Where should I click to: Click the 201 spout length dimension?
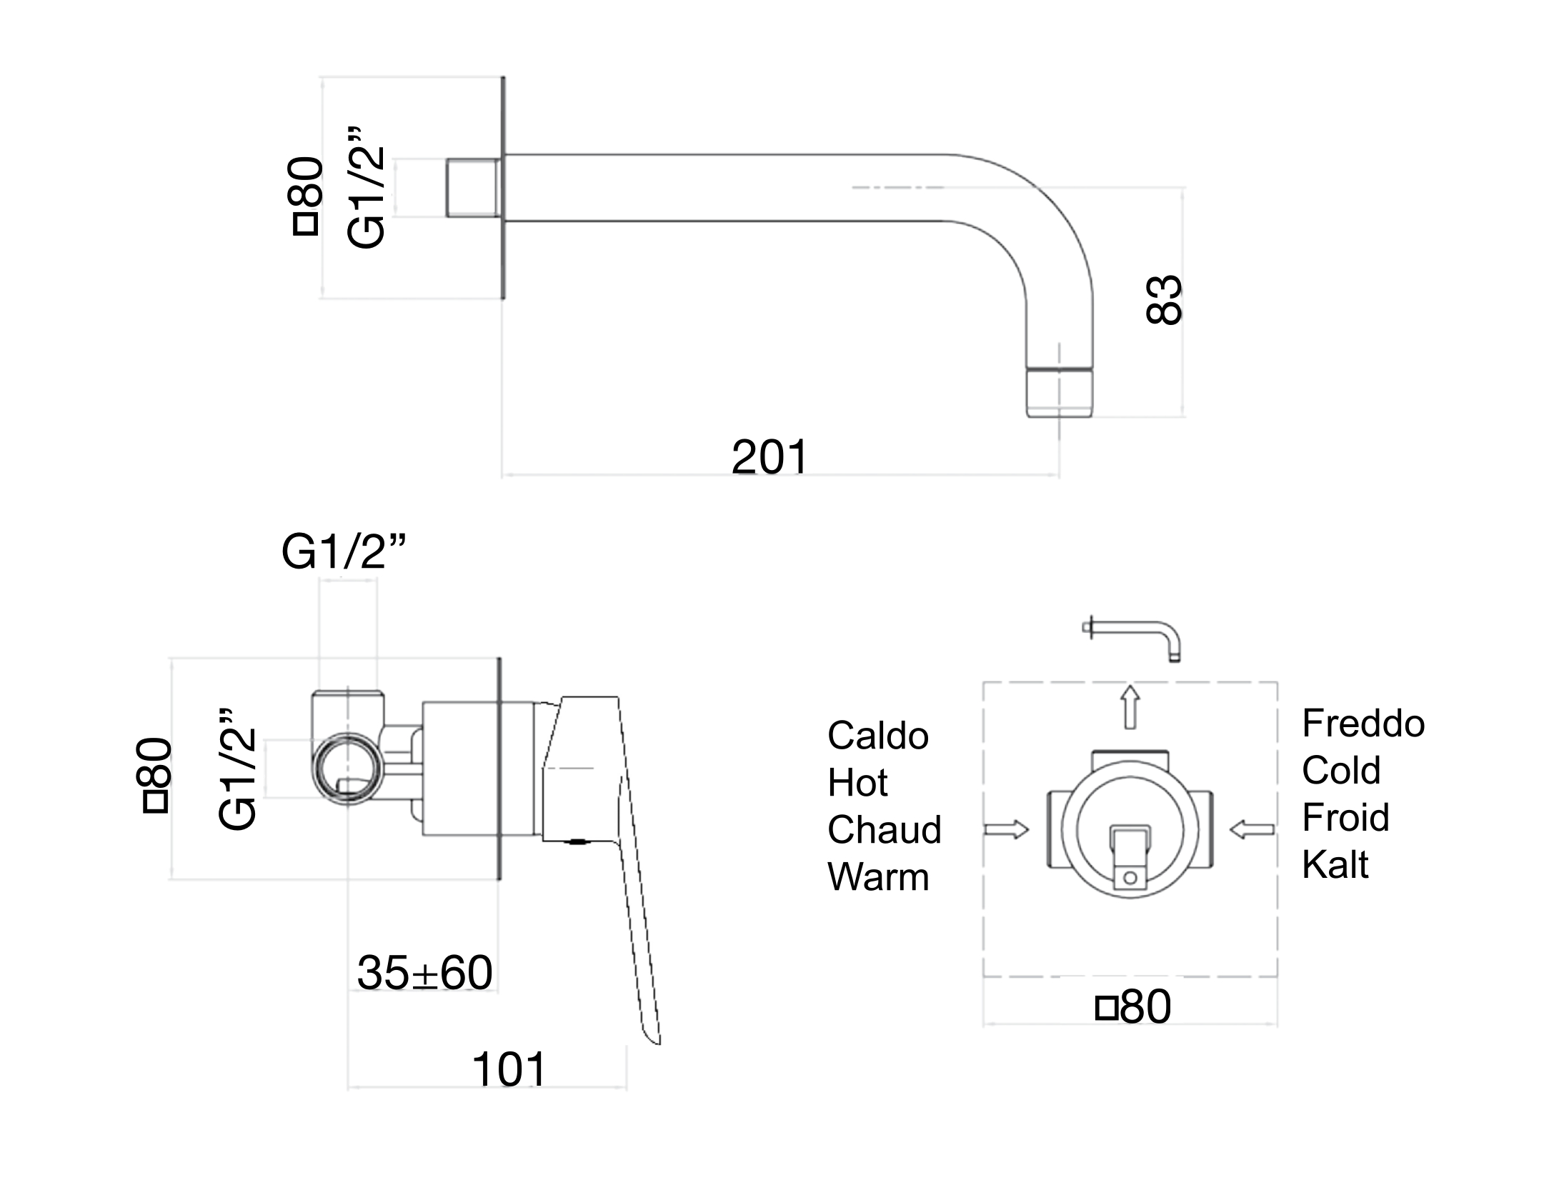pyautogui.click(x=769, y=457)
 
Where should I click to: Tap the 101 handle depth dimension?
pyautogui.click(x=509, y=1069)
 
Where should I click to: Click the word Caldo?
pyautogui.click(x=878, y=736)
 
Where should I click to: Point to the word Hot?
pyautogui.click(x=857, y=783)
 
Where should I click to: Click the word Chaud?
pyautogui.click(x=885, y=830)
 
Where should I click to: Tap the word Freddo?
pyautogui.click(x=1363, y=724)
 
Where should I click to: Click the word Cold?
pyautogui.click(x=1341, y=770)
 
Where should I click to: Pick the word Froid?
pyautogui.click(x=1345, y=817)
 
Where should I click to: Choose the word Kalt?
pyautogui.click(x=1335, y=864)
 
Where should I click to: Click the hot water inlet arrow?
pyautogui.click(x=1006, y=829)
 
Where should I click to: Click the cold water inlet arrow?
pyautogui.click(x=1252, y=829)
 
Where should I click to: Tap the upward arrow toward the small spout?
pyautogui.click(x=1130, y=707)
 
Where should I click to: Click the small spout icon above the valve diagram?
pyautogui.click(x=1132, y=639)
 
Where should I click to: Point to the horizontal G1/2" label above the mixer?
pyautogui.click(x=344, y=552)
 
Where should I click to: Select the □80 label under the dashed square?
pyautogui.click(x=1134, y=1007)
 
